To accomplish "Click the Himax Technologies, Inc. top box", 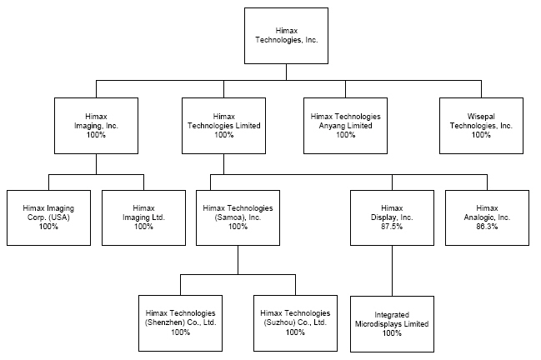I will click(x=285, y=35).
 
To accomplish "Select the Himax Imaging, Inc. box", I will click(x=95, y=125).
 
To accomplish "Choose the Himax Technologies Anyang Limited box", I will click(x=345, y=125).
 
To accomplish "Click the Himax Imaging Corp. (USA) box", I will click(x=48, y=217).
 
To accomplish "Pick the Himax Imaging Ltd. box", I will click(x=143, y=217).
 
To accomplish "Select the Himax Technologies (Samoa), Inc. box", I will click(x=238, y=217).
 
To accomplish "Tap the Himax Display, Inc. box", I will click(x=392, y=217).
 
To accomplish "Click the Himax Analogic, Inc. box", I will click(x=488, y=217).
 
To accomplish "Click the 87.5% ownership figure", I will click(x=392, y=227).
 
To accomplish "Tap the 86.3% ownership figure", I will click(x=488, y=227).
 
